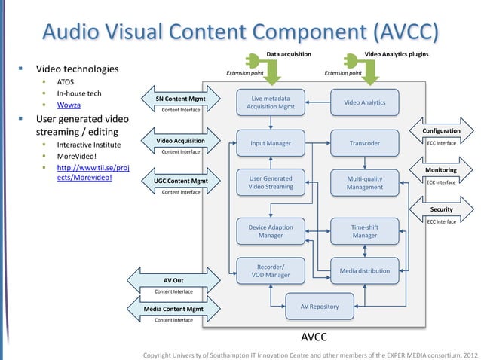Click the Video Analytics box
[x=364, y=102]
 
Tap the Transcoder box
[x=364, y=143]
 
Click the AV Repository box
[x=319, y=307]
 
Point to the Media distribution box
[x=364, y=270]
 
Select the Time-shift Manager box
[x=364, y=231]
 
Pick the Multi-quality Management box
[x=364, y=183]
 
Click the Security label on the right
[x=441, y=209]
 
